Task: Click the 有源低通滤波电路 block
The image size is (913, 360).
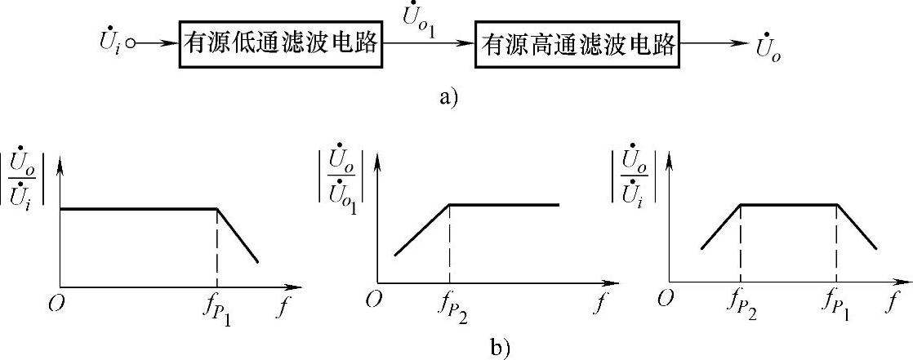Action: [x=281, y=46]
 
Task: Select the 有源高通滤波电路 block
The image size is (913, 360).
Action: [x=579, y=46]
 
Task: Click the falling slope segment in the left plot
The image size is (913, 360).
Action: [x=238, y=235]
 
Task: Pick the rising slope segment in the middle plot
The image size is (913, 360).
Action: [x=421, y=229]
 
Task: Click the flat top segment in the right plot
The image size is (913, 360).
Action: [x=789, y=205]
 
